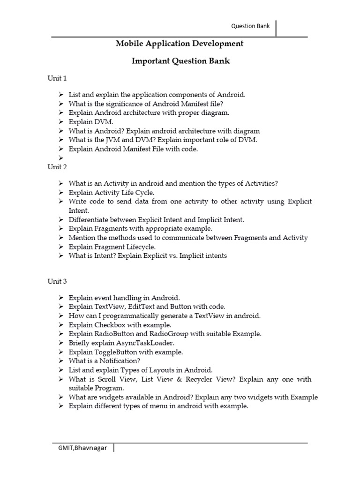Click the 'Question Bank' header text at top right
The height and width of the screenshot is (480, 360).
pyautogui.click(x=251, y=26)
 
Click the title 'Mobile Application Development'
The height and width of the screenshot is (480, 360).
pyautogui.click(x=180, y=44)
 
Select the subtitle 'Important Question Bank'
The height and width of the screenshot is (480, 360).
pyautogui.click(x=180, y=61)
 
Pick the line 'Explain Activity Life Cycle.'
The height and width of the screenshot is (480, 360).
pyautogui.click(x=111, y=192)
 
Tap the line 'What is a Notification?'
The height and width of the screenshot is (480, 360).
pyautogui.click(x=104, y=361)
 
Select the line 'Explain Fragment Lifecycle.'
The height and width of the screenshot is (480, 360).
pyautogui.click(x=112, y=247)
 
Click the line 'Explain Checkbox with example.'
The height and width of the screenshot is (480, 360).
pyautogui.click(x=120, y=324)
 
